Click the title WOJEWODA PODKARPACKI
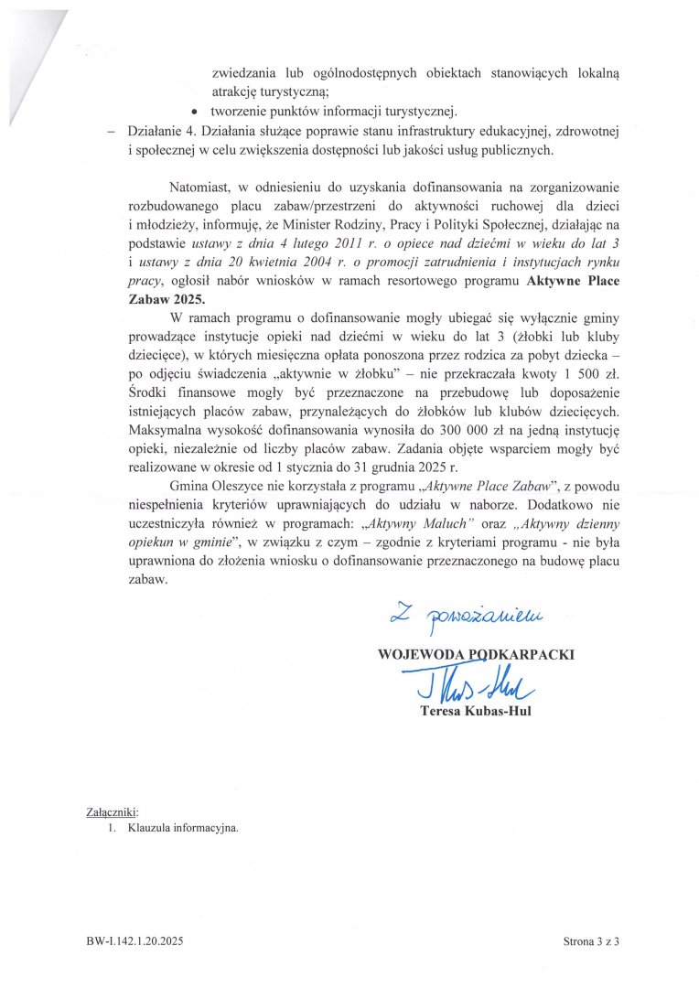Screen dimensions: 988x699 click(476, 654)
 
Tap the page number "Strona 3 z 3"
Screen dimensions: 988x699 click(591, 940)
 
